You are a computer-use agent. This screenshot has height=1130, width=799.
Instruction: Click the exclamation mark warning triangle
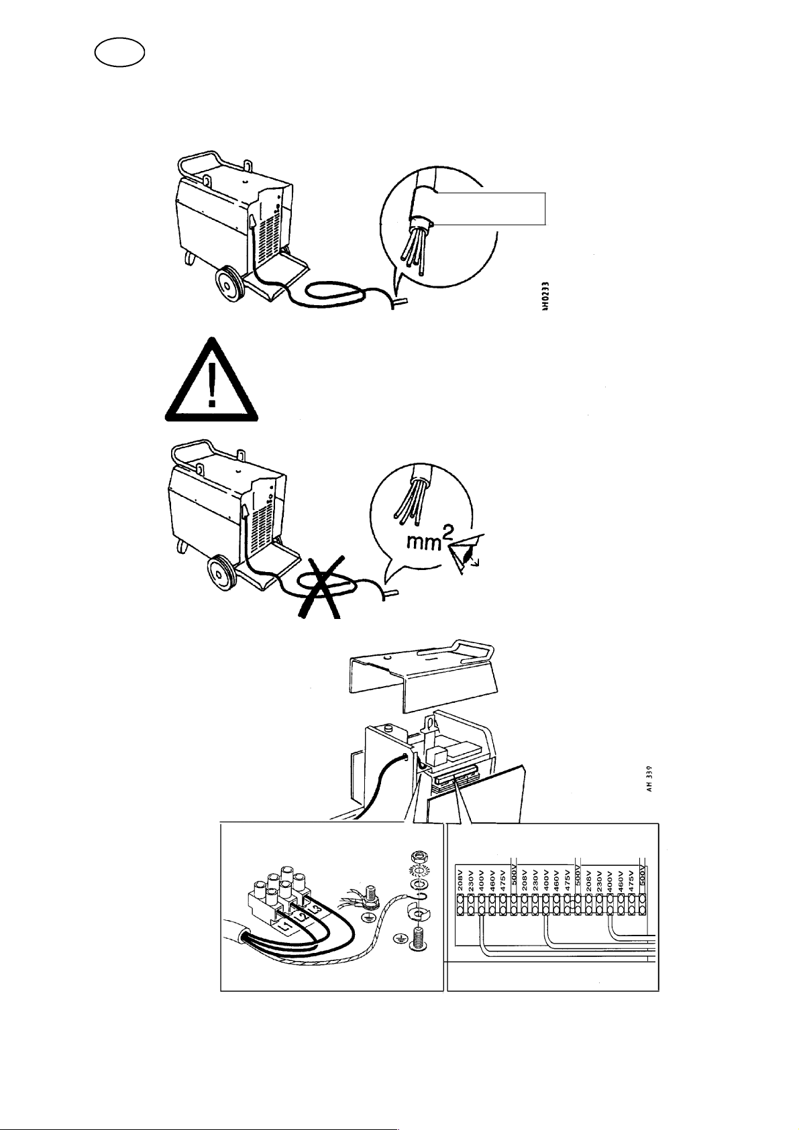pyautogui.click(x=211, y=382)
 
